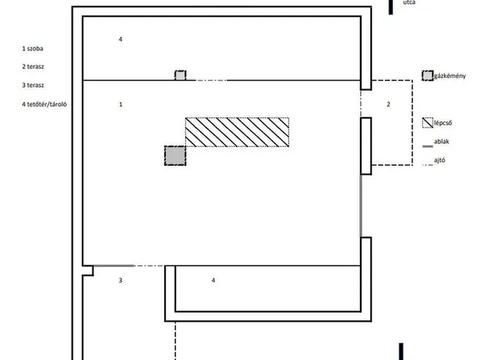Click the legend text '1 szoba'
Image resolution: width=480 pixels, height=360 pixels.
32,48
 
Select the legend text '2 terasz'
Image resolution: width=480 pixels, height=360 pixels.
33,67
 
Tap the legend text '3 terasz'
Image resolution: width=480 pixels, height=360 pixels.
33,85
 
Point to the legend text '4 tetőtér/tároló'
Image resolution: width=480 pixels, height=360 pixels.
44,104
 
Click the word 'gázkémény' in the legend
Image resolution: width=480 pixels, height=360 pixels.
450,76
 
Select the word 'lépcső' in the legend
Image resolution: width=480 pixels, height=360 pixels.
442,123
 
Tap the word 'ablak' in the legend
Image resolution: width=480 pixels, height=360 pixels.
442,142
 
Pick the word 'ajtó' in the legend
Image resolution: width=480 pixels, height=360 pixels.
439,160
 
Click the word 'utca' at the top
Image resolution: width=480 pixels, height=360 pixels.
409,2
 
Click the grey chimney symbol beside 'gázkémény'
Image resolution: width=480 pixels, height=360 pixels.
427,76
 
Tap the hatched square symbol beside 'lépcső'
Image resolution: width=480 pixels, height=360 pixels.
427,123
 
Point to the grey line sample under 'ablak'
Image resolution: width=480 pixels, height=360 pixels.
427,147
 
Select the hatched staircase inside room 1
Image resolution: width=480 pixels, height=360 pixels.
237,132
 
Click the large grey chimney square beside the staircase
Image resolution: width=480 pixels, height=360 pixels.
175,156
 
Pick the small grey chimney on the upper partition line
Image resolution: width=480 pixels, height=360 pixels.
180,75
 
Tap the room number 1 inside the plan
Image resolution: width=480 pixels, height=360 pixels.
121,104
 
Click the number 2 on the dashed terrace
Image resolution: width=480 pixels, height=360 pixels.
388,104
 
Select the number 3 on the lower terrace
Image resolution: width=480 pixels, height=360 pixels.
121,280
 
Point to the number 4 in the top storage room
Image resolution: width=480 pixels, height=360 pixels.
121,39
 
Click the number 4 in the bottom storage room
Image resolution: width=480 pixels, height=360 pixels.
213,280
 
